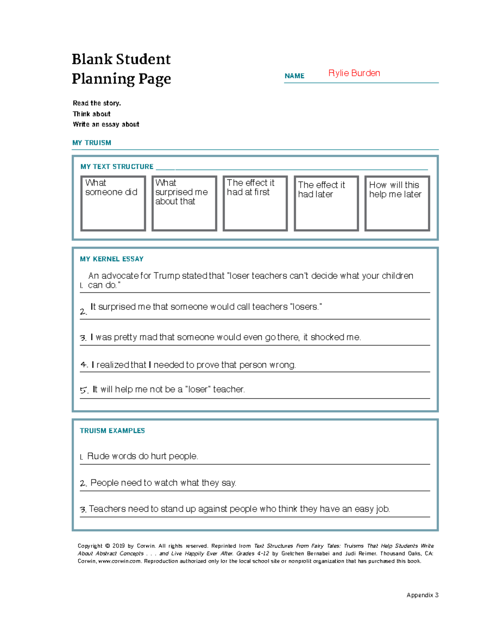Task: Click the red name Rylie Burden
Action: point(354,73)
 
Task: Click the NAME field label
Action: point(294,76)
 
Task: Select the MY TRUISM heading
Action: point(92,143)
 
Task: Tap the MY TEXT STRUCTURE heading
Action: point(117,167)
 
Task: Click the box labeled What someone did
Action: point(113,203)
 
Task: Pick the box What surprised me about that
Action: point(184,203)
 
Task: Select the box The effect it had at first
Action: point(255,203)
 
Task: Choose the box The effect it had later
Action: point(326,203)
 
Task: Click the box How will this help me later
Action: point(397,203)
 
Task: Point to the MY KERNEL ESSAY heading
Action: point(111,259)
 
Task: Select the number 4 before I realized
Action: point(83,365)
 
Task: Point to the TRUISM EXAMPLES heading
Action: point(112,431)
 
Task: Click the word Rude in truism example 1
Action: point(98,457)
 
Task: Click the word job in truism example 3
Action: point(383,509)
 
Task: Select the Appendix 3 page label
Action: point(422,595)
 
